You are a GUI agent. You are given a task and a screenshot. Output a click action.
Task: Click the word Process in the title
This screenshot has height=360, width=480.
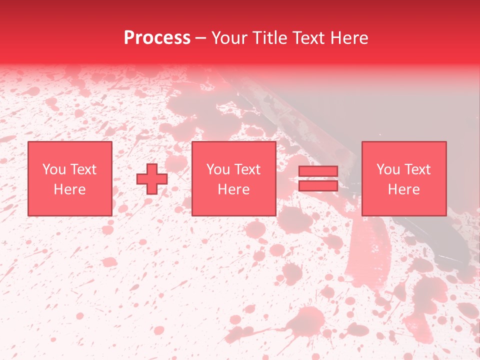(157, 37)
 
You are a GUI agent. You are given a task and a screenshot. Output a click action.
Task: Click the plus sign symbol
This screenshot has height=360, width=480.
(152, 179)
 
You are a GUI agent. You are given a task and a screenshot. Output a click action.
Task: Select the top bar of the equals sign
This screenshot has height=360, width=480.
(318, 171)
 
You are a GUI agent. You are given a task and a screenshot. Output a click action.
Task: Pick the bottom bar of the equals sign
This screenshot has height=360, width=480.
(318, 186)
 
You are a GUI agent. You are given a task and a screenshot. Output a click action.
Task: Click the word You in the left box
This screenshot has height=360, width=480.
(53, 169)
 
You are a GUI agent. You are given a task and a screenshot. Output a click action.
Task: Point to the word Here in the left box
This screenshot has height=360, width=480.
(70, 189)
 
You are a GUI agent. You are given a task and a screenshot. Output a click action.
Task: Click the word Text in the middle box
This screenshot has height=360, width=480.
(247, 169)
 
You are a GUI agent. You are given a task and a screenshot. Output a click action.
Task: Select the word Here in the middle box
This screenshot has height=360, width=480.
(234, 189)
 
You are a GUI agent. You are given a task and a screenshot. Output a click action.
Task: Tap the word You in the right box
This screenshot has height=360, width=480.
(388, 169)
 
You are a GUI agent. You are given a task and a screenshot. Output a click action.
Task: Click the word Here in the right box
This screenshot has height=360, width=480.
(404, 189)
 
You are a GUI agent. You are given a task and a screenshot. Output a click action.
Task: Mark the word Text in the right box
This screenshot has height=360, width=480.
(417, 169)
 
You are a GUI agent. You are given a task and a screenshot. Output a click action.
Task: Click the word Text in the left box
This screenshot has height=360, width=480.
(83, 169)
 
